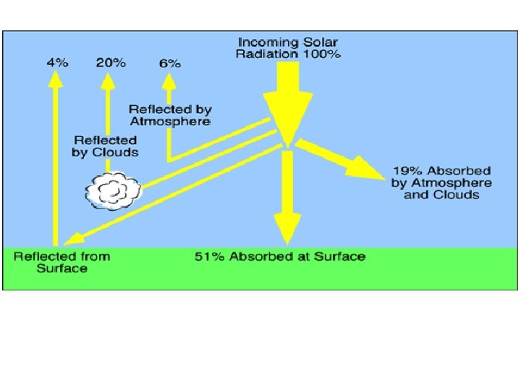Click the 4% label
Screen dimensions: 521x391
[57, 62]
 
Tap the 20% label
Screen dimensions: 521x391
[110, 62]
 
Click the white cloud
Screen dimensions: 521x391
[114, 190]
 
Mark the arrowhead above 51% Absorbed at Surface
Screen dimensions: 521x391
[287, 232]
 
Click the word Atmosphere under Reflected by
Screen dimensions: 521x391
[170, 122]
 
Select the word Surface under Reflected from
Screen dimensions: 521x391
[62, 269]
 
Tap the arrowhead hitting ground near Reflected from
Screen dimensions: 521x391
[70, 240]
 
